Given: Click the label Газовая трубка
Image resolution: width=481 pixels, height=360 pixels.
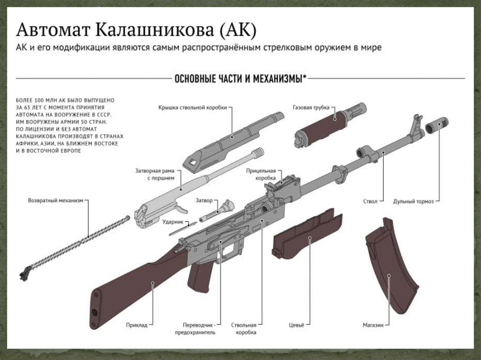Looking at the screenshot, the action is tap(311, 107).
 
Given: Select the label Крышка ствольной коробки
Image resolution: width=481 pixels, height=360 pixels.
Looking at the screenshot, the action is tap(193, 107).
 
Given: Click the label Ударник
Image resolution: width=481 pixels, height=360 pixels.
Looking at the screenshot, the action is tap(172, 221).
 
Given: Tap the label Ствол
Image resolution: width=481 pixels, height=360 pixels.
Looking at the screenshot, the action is tap(370, 201).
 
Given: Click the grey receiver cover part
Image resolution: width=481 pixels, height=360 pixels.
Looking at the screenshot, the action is tap(230, 138).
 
